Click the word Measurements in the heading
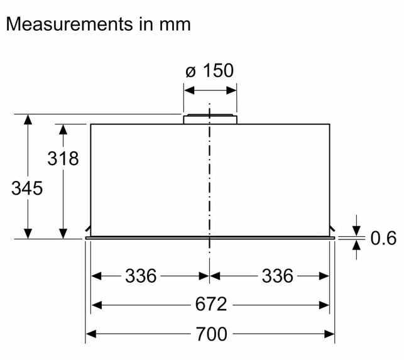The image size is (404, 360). pyautogui.click(x=69, y=25)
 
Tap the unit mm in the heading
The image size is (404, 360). pyautogui.click(x=175, y=25)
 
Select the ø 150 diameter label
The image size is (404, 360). pyautogui.click(x=209, y=70)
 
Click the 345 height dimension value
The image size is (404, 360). pyautogui.click(x=27, y=188)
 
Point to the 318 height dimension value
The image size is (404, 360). pyautogui.click(x=63, y=158)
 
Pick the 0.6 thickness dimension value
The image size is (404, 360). pyautogui.click(x=383, y=238)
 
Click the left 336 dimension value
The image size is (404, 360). pyautogui.click(x=141, y=276)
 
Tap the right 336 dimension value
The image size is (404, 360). pyautogui.click(x=278, y=276)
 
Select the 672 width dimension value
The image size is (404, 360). pyautogui.click(x=211, y=304)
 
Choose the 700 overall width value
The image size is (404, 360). pyautogui.click(x=212, y=334)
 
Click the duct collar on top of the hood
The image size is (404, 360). pyautogui.click(x=210, y=119)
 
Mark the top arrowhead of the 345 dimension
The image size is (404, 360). pyautogui.click(x=28, y=119)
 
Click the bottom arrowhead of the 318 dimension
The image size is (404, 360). pyautogui.click(x=63, y=234)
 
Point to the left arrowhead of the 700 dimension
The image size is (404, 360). pyautogui.click(x=91, y=334)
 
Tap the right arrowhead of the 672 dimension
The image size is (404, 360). pyautogui.click(x=324, y=305)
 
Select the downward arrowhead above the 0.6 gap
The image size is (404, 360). pyautogui.click(x=357, y=231)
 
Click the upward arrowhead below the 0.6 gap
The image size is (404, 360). pyautogui.click(x=357, y=245)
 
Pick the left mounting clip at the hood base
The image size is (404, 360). pyautogui.click(x=88, y=228)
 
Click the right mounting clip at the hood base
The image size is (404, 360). pyautogui.click(x=332, y=228)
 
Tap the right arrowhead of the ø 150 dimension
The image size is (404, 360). pyautogui.click(x=231, y=90)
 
